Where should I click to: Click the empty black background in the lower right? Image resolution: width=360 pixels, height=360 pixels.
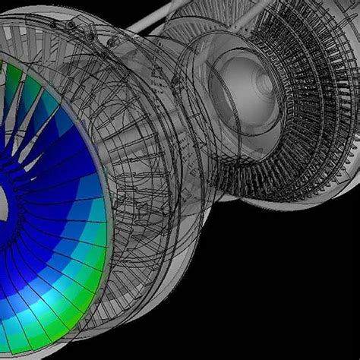(x=304, y=304)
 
